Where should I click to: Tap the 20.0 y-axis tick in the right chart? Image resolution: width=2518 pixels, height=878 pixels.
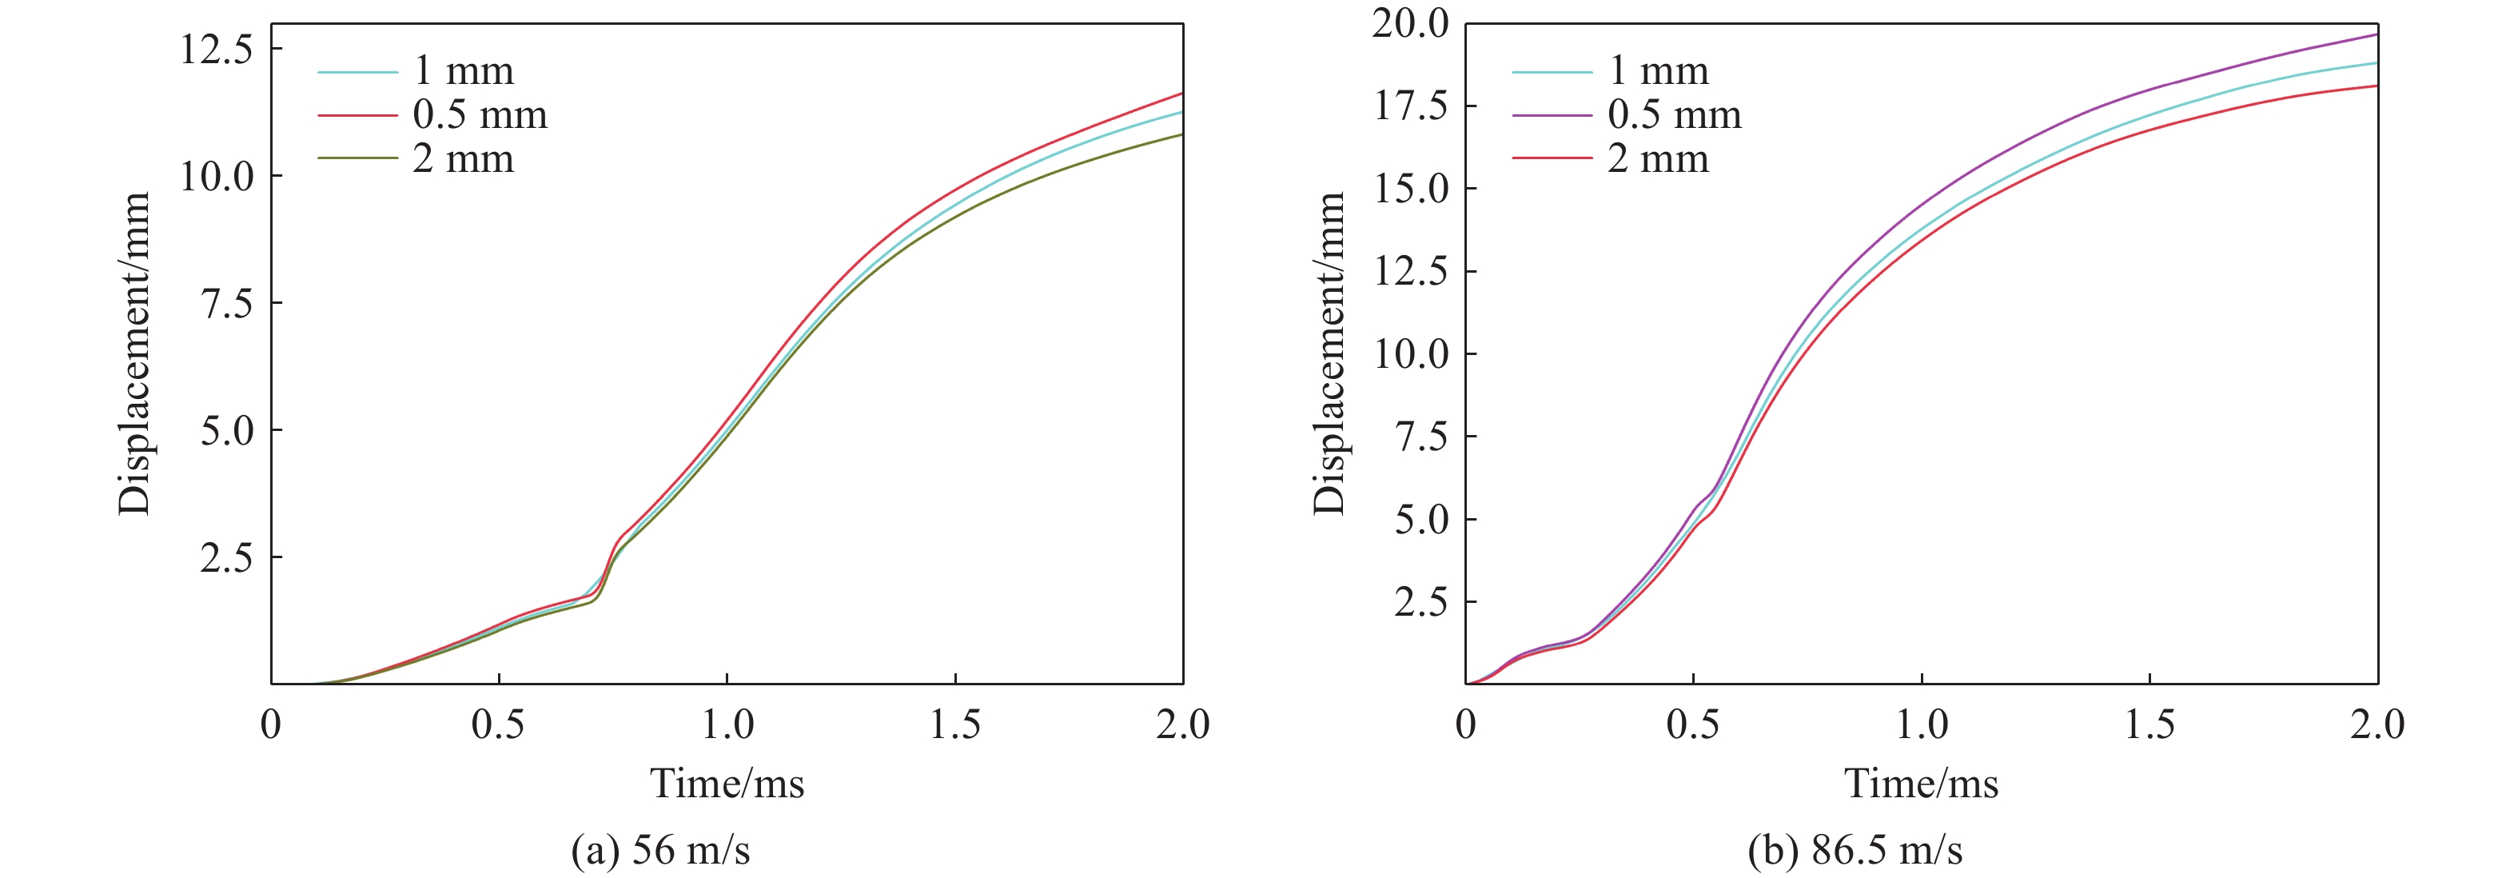point(1411,22)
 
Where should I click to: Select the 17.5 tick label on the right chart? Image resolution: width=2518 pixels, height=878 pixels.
point(1411,106)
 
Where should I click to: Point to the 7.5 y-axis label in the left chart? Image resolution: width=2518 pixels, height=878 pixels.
point(227,303)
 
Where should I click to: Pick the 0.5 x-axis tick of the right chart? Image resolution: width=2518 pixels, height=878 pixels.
point(1693,724)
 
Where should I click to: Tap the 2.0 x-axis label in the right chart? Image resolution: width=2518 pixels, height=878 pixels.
point(2377,724)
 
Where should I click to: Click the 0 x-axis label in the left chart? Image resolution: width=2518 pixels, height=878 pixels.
point(271,724)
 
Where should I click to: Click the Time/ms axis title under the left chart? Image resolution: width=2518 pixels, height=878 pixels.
point(727,783)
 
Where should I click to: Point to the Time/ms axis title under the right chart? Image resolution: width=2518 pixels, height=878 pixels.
point(1921,783)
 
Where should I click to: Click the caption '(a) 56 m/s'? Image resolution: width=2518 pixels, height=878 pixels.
point(661,850)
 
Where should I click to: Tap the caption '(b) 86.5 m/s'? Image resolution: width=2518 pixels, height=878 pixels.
point(1855,850)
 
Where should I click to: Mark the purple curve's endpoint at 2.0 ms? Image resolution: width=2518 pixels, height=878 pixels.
point(2377,34)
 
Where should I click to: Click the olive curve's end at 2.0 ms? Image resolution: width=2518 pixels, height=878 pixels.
point(1181,134)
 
